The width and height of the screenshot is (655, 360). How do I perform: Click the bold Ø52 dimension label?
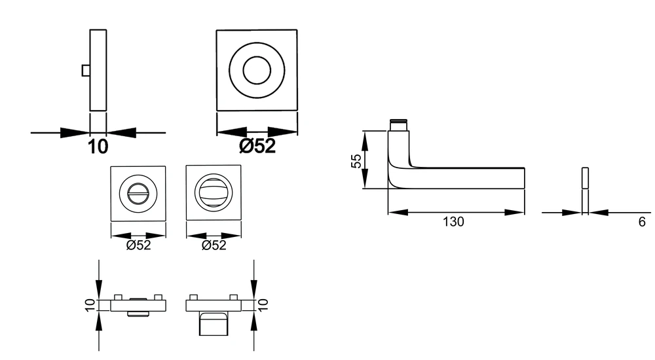(x=257, y=146)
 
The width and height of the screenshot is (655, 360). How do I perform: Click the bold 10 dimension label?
(x=98, y=147)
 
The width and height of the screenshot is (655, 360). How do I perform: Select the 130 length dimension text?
(x=453, y=222)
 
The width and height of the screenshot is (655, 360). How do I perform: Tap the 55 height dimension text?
(x=356, y=161)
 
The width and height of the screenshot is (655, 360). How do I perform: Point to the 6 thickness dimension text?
(x=642, y=222)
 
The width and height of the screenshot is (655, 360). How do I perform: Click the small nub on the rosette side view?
(x=86, y=71)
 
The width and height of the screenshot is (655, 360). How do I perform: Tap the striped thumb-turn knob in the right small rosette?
(x=214, y=194)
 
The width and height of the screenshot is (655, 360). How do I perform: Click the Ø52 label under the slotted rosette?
(x=138, y=245)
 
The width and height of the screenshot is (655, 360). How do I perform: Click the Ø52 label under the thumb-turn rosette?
(x=214, y=245)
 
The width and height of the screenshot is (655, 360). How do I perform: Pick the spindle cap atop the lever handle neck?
(x=398, y=125)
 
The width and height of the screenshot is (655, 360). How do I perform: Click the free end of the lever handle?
(x=524, y=178)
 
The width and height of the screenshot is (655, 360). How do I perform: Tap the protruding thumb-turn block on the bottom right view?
(x=214, y=323)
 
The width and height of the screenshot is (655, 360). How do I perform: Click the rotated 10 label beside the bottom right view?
(x=263, y=304)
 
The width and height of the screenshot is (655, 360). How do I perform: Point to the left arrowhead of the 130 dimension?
(x=398, y=213)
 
